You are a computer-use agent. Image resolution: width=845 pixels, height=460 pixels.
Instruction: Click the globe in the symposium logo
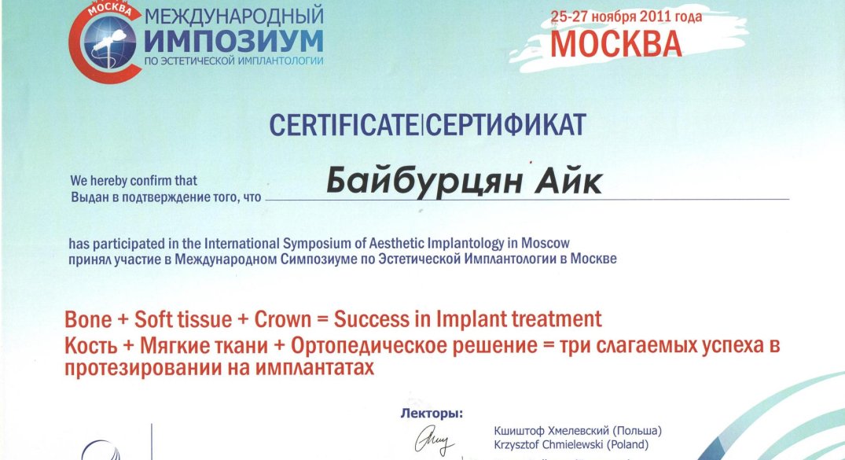[x=109, y=42]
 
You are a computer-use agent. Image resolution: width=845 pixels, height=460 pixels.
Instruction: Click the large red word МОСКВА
[x=616, y=44]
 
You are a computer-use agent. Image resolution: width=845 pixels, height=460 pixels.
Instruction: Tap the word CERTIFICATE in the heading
[x=344, y=125]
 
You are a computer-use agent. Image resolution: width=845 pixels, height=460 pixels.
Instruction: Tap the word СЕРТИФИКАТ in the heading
[x=505, y=125]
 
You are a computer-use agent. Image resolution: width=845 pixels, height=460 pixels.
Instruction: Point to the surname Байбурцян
[x=424, y=181]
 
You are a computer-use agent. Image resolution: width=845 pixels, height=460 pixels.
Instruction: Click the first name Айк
[x=568, y=181]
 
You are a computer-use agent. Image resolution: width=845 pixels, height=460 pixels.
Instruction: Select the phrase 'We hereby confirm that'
[x=134, y=181]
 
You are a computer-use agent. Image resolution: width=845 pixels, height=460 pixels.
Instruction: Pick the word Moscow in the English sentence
[x=546, y=243]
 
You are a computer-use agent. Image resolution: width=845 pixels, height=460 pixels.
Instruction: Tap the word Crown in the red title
[x=283, y=319]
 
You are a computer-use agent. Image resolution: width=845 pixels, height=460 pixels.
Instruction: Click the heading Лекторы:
[x=432, y=414]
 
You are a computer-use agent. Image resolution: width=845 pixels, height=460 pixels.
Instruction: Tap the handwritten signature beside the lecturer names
[x=435, y=440]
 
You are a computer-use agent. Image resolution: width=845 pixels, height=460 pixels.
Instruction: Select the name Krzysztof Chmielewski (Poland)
[x=571, y=445]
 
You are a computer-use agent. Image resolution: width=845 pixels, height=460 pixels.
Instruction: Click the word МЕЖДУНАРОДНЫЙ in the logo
[x=234, y=17]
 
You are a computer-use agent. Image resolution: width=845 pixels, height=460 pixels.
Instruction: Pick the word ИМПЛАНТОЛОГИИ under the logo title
[x=278, y=61]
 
